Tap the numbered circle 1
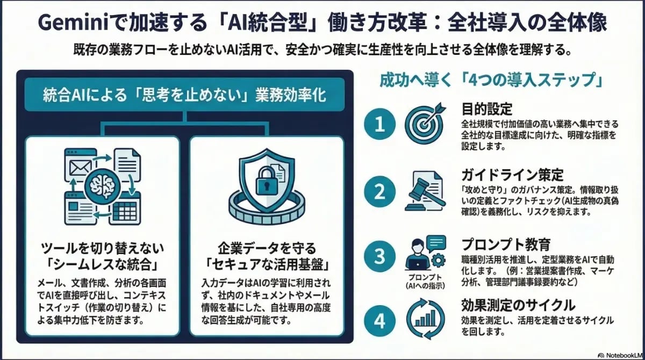380,125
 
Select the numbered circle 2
380,191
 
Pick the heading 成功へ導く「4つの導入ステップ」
490,81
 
